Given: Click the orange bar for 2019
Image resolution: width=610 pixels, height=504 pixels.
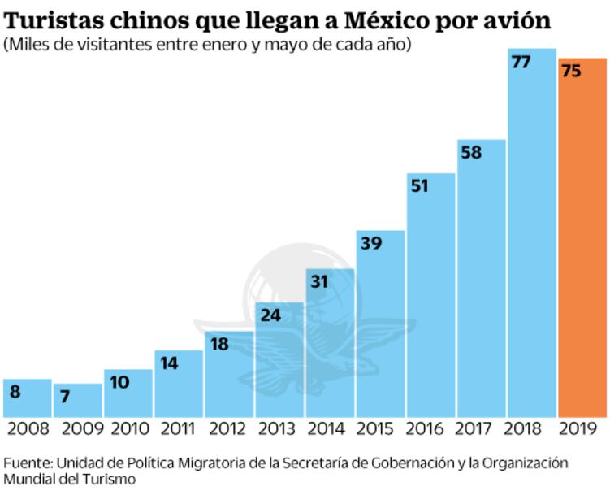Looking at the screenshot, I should pyautogui.click(x=582, y=244).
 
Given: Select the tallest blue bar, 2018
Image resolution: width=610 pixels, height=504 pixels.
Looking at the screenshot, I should pyautogui.click(x=532, y=244).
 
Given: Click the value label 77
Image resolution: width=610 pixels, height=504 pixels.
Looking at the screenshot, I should pyautogui.click(x=521, y=62).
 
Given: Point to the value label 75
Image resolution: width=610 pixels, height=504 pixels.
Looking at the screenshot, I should pyautogui.click(x=571, y=72).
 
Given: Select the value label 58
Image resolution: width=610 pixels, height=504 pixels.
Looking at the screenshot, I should pyautogui.click(x=470, y=152).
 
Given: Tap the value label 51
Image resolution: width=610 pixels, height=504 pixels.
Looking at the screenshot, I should pyautogui.click(x=420, y=185).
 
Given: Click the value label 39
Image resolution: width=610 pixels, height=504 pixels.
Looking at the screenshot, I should pyautogui.click(x=370, y=243).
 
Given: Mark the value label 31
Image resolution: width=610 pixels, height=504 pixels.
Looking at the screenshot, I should pyautogui.click(x=319, y=281).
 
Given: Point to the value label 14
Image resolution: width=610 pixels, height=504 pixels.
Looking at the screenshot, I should pyautogui.click(x=168, y=363).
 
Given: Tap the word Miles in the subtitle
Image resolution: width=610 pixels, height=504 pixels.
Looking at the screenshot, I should pyautogui.click(x=29, y=44).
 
